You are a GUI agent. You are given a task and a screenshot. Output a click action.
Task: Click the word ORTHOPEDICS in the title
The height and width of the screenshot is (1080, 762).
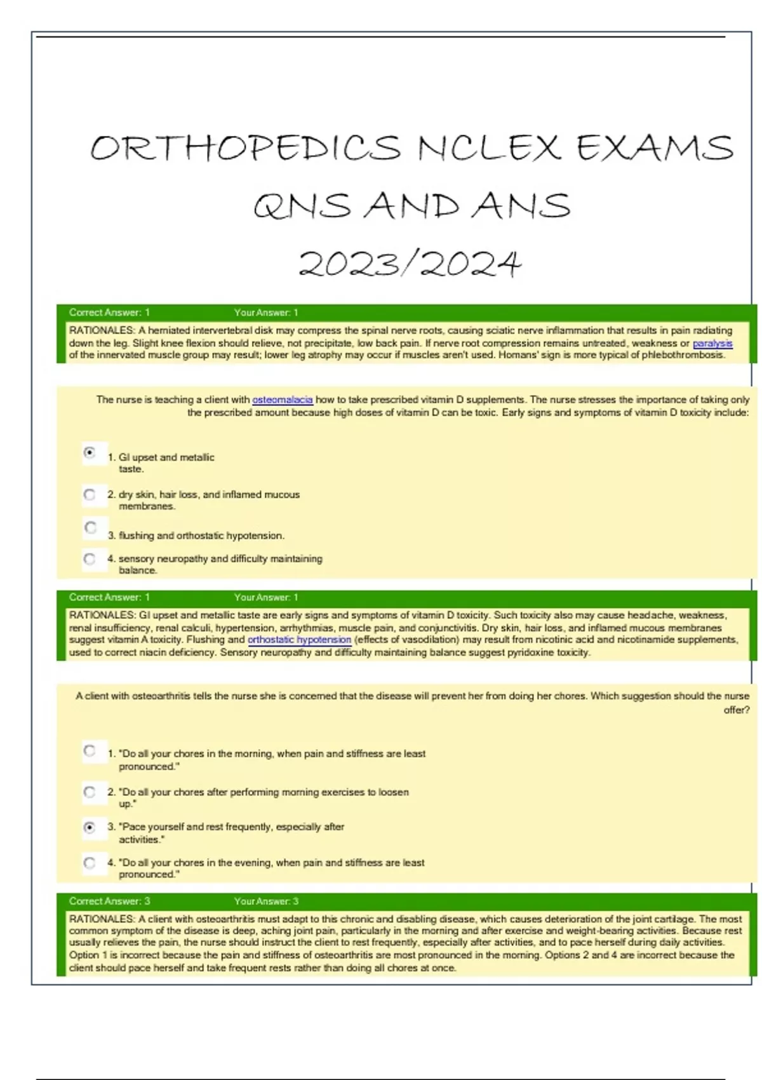246,148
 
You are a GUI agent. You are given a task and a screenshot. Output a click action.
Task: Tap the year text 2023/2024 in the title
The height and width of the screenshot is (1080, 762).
410,264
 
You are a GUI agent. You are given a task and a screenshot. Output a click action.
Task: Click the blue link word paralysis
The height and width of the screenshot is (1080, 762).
712,343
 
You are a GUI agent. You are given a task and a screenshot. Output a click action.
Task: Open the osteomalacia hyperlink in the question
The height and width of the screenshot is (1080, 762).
282,400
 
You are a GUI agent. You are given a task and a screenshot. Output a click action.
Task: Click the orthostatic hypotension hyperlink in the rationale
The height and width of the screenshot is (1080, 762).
299,640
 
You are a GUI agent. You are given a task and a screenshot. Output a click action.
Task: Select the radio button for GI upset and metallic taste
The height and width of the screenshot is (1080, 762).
90,453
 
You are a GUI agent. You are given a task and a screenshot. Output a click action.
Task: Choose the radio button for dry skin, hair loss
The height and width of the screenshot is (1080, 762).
90,494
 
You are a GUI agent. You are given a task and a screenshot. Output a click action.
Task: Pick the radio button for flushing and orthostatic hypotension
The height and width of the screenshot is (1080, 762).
91,528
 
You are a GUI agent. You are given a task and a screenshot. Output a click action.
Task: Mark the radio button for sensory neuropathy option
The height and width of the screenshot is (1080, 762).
90,559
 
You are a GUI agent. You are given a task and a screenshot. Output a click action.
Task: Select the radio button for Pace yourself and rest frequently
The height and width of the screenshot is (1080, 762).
90,827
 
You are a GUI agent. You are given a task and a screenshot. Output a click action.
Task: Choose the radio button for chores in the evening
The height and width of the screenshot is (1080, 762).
90,863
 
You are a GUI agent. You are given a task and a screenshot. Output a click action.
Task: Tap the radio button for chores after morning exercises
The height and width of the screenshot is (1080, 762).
90,792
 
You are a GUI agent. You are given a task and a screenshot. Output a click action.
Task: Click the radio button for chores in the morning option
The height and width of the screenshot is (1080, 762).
90,751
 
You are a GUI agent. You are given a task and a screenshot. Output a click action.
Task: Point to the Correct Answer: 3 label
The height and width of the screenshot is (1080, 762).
109,901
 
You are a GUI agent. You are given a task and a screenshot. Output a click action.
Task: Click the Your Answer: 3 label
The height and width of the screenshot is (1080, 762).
266,901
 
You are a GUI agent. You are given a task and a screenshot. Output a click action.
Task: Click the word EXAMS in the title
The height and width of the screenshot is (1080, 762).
655,148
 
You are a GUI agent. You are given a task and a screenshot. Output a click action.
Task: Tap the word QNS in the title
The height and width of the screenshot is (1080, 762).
302,206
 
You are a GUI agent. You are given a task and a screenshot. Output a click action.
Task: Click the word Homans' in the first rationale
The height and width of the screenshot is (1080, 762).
515,355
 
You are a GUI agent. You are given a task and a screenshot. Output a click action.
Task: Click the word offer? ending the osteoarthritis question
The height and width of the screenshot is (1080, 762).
736,710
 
